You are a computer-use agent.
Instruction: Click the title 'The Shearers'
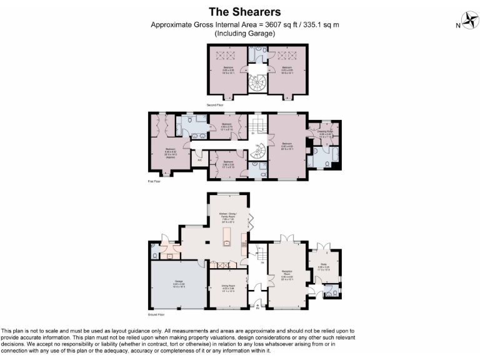click(x=244, y=12)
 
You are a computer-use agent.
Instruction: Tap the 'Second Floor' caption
click(x=216, y=105)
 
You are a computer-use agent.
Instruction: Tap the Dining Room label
click(x=228, y=289)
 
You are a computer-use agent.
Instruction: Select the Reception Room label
click(x=287, y=275)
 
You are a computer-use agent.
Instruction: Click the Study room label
click(x=324, y=266)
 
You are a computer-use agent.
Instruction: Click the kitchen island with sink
click(x=227, y=237)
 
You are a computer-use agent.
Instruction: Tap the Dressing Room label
click(x=326, y=133)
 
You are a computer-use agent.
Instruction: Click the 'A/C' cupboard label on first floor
click(x=200, y=160)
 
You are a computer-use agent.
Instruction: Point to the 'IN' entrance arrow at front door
click(x=257, y=306)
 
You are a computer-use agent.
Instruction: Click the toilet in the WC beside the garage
click(x=154, y=252)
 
